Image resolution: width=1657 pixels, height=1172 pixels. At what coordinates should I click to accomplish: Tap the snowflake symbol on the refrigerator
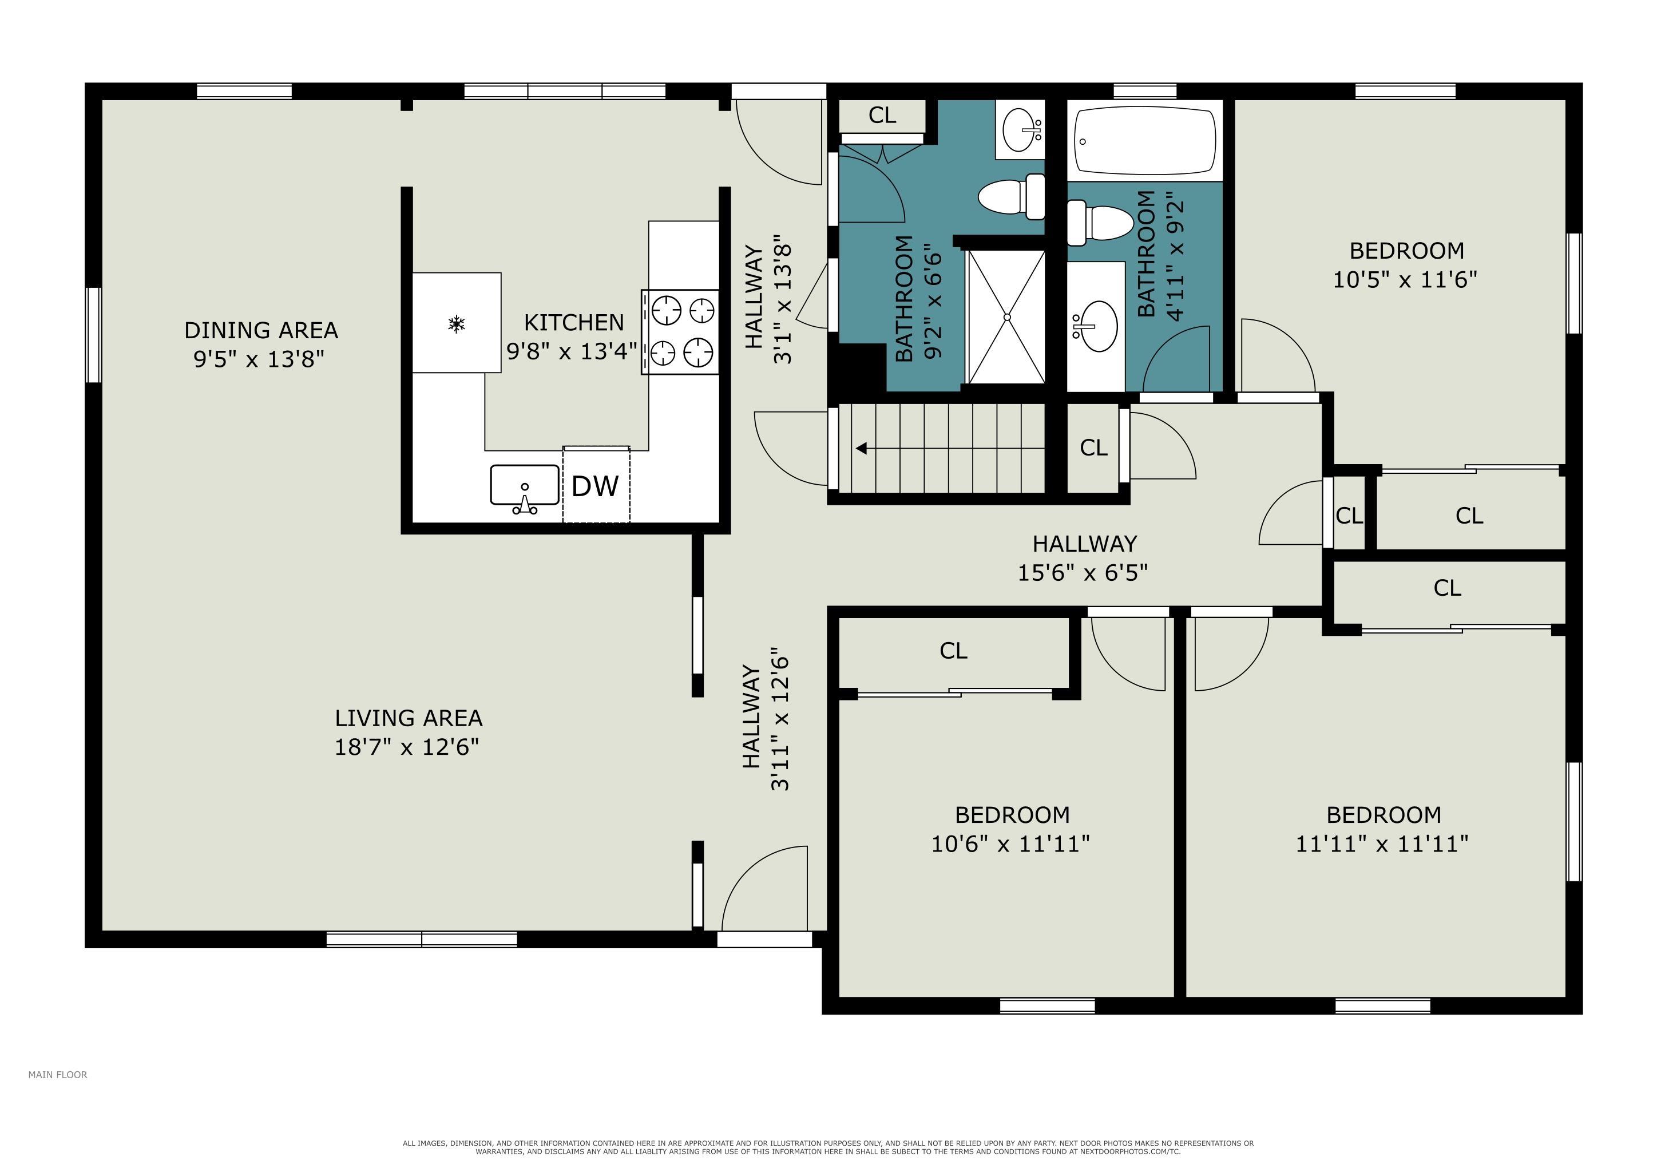[x=456, y=324]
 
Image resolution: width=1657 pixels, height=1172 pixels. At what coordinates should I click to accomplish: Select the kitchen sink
[x=525, y=489]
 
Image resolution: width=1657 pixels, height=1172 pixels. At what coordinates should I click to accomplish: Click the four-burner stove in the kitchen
[x=680, y=332]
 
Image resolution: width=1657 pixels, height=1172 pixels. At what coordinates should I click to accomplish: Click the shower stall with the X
[x=1006, y=317]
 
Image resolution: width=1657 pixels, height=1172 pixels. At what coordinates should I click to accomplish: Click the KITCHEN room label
[x=574, y=322]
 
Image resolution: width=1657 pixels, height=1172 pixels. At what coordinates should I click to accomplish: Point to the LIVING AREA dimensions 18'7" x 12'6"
[x=407, y=746]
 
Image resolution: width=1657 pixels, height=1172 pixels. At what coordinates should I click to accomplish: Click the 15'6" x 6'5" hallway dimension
[x=1083, y=572]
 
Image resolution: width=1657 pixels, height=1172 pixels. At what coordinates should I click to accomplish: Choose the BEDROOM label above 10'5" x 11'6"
[x=1406, y=251]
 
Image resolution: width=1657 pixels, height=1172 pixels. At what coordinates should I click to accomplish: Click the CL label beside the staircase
[x=1093, y=448]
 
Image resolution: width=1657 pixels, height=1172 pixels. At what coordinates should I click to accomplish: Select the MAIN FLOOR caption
[x=58, y=1075]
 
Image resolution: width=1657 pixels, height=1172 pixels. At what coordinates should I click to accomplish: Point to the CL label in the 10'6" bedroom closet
[x=953, y=651]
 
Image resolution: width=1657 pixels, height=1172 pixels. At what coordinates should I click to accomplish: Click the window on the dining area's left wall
[x=93, y=335]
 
